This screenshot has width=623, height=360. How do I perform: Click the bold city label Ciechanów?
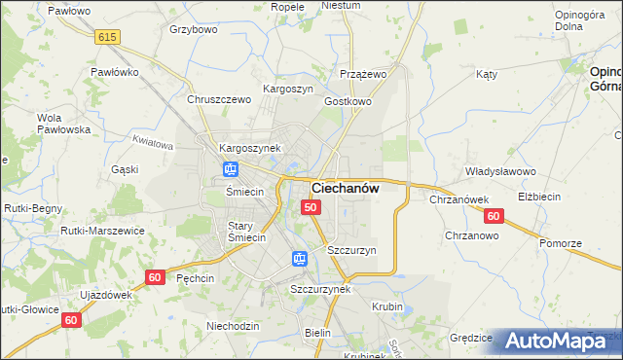tap(345, 188)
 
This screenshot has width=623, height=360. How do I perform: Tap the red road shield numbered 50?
tap(311, 207)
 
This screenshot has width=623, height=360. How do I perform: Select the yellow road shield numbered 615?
tap(107, 36)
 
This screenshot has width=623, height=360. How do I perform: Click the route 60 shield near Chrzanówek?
tap(494, 216)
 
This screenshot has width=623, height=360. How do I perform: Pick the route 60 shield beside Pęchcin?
tap(154, 277)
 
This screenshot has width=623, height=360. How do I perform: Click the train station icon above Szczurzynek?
tap(299, 259)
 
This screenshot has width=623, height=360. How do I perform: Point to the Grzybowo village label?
tap(192, 29)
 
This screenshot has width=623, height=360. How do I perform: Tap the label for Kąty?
tap(487, 74)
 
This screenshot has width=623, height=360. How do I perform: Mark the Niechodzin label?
tap(234, 326)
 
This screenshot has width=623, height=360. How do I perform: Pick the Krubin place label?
tap(387, 306)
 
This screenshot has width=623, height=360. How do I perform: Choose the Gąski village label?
tap(125, 169)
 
